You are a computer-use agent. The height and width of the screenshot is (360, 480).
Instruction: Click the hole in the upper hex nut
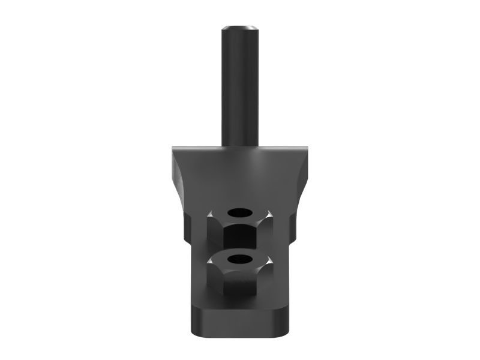240,213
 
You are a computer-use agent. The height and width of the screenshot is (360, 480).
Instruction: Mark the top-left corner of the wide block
172,146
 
